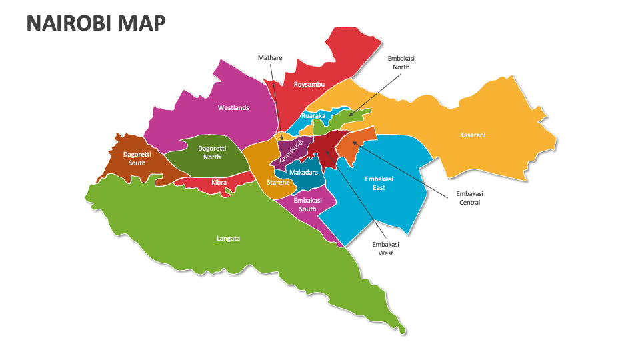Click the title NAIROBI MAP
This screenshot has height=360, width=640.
tap(96, 23)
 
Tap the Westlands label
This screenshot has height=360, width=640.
tap(233, 107)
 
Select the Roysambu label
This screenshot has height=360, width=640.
tap(309, 84)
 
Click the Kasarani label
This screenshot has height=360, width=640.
tap(473, 135)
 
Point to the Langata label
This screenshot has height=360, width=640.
tap(228, 238)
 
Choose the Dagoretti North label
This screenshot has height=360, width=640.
tap(212, 153)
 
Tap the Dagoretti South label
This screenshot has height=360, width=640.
tap(137, 159)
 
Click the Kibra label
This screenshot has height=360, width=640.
tap(219, 182)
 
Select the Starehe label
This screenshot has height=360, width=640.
tap(278, 182)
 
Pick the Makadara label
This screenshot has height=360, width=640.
tap(303, 173)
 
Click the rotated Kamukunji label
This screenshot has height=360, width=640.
tap(291, 151)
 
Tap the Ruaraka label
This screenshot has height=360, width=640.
tap(313, 116)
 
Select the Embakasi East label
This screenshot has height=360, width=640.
tap(379, 183)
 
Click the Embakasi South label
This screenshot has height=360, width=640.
tap(307, 205)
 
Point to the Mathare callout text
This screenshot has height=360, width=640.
tap(270, 58)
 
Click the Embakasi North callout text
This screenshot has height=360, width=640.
tap(401, 63)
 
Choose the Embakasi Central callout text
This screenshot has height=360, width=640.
tap(469, 198)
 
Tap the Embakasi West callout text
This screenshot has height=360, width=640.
tap(383, 249)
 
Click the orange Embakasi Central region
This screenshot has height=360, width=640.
tap(353, 146)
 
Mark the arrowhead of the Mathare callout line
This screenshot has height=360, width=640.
tap(282, 139)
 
